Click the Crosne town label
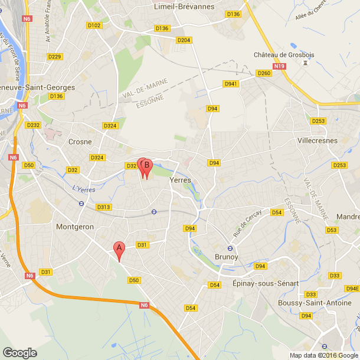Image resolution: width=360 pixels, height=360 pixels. [80, 142]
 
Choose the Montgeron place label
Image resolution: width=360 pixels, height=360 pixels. [75, 227]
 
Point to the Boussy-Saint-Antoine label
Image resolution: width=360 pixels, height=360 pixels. [312, 303]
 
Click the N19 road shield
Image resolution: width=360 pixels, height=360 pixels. [280, 67]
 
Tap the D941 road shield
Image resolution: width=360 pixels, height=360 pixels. [231, 84]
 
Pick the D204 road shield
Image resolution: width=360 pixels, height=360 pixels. [184, 40]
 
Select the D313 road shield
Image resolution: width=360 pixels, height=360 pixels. [103, 207]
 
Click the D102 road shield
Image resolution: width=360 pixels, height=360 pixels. [94, 25]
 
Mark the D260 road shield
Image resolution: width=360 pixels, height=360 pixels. [264, 73]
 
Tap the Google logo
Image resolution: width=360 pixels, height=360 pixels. [19, 352]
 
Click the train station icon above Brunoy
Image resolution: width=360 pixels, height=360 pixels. [231, 248]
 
